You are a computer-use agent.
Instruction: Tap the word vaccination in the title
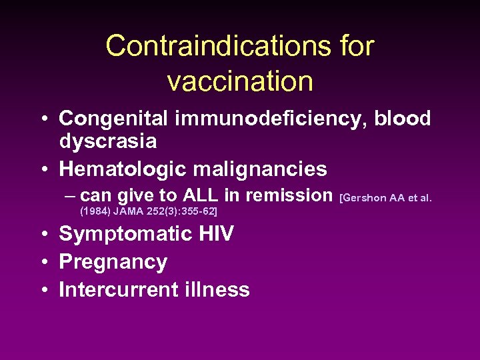tap(240, 81)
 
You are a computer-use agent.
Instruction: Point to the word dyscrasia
tap(108, 141)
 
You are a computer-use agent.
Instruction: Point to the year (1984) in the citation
tap(95, 211)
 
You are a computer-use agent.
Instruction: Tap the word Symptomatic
tap(119, 234)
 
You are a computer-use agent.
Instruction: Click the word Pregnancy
tap(113, 262)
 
